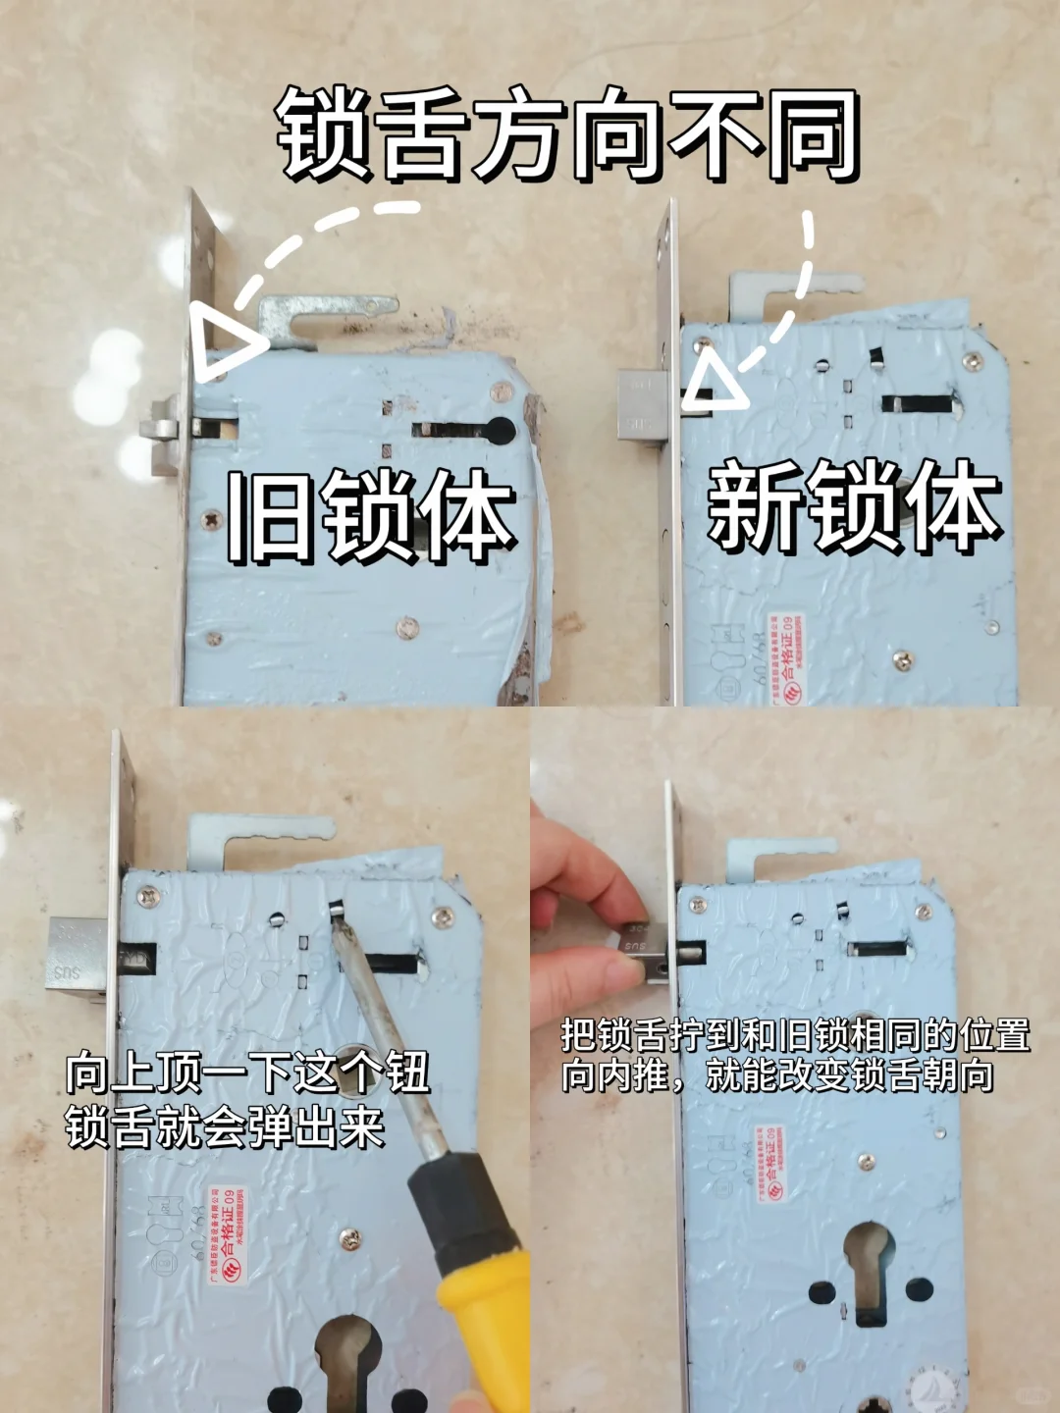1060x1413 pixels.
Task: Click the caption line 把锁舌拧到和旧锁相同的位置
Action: pyautogui.click(x=795, y=1034)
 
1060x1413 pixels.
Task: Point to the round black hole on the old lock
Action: pyautogui.click(x=500, y=429)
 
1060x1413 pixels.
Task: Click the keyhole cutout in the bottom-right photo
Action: pyautogui.click(x=866, y=1266)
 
